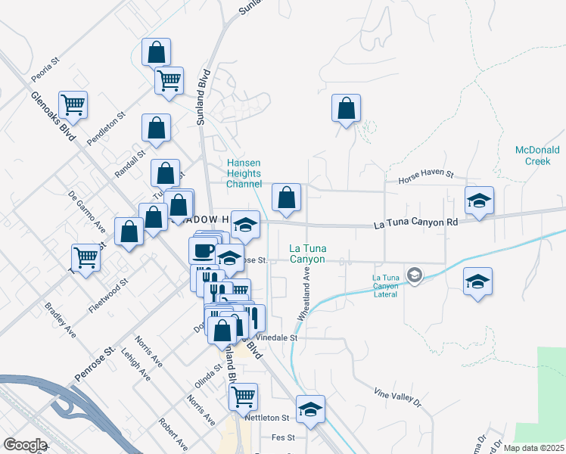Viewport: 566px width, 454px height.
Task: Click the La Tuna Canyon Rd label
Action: click(417, 224)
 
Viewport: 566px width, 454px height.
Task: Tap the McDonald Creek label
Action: click(537, 155)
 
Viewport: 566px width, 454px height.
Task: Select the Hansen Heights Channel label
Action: click(244, 173)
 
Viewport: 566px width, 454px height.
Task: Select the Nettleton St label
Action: click(267, 418)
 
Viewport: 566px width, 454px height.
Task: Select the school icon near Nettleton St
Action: click(309, 409)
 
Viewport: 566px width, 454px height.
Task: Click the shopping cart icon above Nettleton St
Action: click(243, 395)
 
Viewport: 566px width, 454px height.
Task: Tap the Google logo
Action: click(25, 445)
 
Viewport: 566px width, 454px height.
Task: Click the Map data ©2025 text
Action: click(533, 448)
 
